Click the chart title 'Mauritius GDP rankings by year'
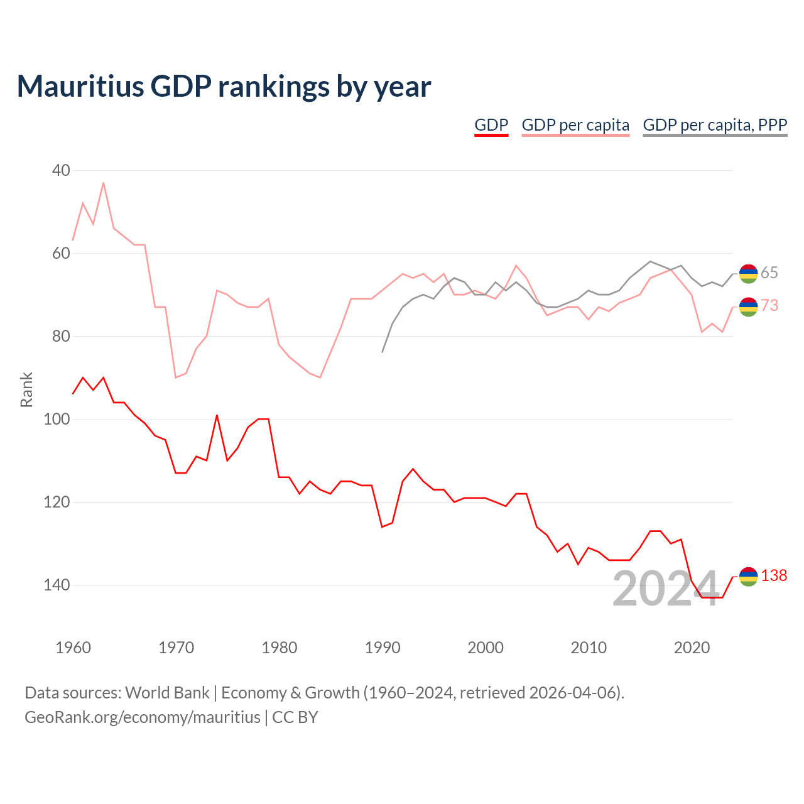pyautogui.click(x=224, y=87)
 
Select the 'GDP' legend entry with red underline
pyautogui.click(x=491, y=125)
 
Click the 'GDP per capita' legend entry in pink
pyautogui.click(x=575, y=125)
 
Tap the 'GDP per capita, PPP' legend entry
pyautogui.click(x=715, y=125)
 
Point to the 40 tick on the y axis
pyautogui.click(x=61, y=170)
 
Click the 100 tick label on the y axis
pyautogui.click(x=57, y=419)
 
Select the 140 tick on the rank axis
pyautogui.click(x=57, y=585)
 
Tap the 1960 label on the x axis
pyautogui.click(x=73, y=648)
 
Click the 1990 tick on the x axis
pyautogui.click(x=382, y=648)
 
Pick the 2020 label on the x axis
pyautogui.click(x=692, y=648)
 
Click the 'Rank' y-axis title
pyautogui.click(x=26, y=389)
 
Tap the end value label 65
pyautogui.click(x=769, y=273)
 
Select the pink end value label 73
pyautogui.click(x=769, y=305)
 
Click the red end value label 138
pyautogui.click(x=774, y=575)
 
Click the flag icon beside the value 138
pyautogui.click(x=748, y=577)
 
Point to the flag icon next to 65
pyautogui.click(x=748, y=274)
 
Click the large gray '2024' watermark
pyautogui.click(x=666, y=589)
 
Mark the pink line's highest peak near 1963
pyautogui.click(x=103, y=183)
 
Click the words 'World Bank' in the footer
pyautogui.click(x=167, y=693)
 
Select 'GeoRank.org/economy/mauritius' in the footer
pyautogui.click(x=143, y=717)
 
